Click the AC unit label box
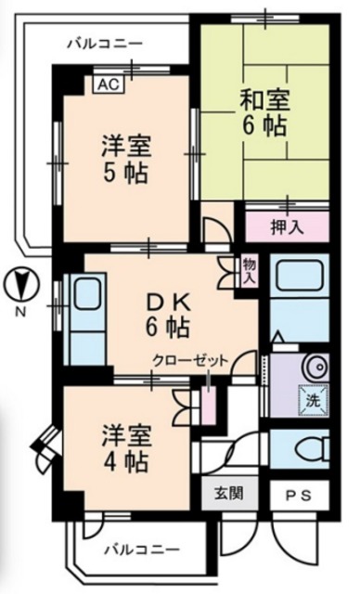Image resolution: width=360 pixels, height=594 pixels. pos(108,83)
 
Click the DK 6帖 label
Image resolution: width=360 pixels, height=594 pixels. pos(167,313)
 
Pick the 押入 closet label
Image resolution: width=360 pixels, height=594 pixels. pos(286,226)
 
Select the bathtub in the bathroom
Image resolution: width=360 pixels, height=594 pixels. pos(300,278)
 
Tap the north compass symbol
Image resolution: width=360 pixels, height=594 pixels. pos(19,282)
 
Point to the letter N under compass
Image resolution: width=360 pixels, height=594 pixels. pos(19,312)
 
